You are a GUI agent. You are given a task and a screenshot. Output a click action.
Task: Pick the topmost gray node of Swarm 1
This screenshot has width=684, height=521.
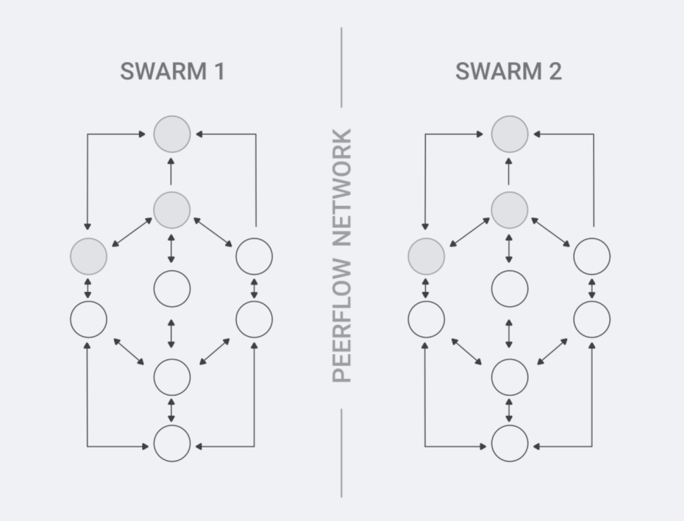[172, 134]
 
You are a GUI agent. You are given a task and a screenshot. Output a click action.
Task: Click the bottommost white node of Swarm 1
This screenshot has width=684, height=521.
[172, 443]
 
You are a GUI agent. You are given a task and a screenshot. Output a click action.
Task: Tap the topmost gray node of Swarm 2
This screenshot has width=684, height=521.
[510, 134]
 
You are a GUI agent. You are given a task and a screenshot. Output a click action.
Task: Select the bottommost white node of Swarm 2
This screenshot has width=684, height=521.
[510, 443]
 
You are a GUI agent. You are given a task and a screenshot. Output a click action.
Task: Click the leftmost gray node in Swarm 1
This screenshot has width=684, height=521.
[88, 256]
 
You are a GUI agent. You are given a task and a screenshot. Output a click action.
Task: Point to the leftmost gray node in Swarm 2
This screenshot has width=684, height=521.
[426, 256]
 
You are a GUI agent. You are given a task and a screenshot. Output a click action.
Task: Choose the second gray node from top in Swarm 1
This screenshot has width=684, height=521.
[172, 210]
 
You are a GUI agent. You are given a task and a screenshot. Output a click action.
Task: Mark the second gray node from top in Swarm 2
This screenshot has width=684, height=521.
[510, 210]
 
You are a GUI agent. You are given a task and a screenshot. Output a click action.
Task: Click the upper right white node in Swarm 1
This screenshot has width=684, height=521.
[254, 256]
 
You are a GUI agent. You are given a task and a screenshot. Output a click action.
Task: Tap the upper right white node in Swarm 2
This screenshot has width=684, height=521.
[592, 256]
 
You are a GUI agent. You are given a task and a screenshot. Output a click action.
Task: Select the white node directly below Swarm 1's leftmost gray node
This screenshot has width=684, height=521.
[88, 319]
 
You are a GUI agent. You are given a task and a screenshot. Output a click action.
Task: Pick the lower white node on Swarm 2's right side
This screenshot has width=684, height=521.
[592, 319]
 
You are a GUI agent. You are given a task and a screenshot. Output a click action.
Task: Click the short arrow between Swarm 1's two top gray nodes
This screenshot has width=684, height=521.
[172, 172]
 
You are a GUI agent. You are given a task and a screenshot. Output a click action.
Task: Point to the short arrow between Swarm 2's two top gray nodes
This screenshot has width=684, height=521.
[510, 172]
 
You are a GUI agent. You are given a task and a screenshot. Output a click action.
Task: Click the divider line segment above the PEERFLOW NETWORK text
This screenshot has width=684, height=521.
[341, 67]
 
